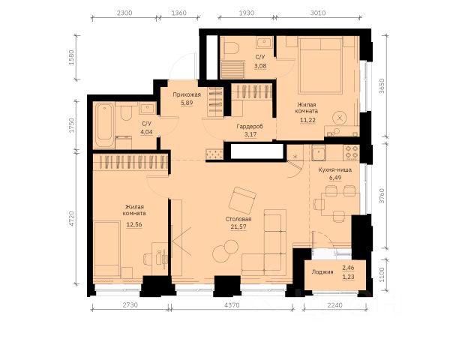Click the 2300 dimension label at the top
point(124,13)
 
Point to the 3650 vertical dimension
point(382,86)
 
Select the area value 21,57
point(238,226)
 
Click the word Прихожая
point(187,94)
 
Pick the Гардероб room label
point(250,127)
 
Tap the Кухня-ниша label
point(335,170)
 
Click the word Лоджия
point(322,271)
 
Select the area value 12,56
point(134,224)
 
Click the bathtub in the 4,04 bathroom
point(104,125)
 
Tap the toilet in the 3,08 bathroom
point(232,47)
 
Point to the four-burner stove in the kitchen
point(352,152)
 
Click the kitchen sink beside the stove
point(319,152)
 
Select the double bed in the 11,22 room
point(320,65)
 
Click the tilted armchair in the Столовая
point(242,200)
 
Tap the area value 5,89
point(187,103)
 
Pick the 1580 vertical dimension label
point(71,58)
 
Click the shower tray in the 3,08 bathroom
point(232,70)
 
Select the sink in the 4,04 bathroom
point(148,109)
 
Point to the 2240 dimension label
point(334,304)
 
